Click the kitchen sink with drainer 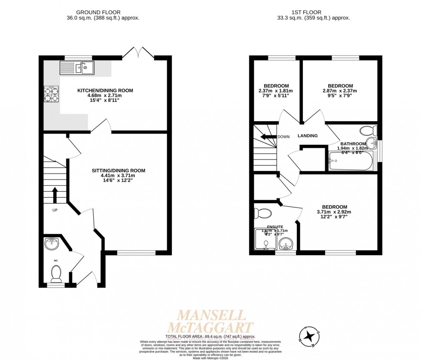coord(77,67)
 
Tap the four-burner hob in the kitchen coord(51,94)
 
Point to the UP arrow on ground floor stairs coord(55,195)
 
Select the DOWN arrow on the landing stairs coord(269,137)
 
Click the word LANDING coord(308,136)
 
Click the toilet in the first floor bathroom coord(368,131)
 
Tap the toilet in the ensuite coord(262,214)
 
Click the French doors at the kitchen coord(138,53)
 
